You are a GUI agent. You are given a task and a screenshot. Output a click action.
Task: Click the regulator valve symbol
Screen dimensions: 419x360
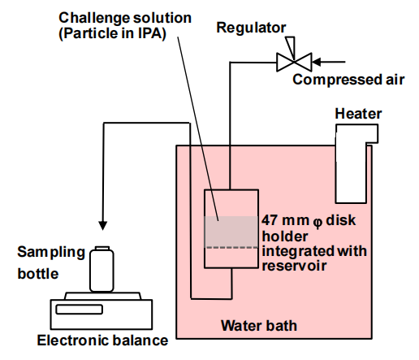pyautogui.click(x=294, y=62)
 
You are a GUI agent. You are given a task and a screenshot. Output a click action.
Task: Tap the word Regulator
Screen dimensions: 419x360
pyautogui.click(x=251, y=28)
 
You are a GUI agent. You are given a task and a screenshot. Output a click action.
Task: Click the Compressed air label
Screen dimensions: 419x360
pyautogui.click(x=348, y=80)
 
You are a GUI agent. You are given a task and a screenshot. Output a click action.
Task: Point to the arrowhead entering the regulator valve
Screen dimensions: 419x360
pyautogui.click(x=317, y=62)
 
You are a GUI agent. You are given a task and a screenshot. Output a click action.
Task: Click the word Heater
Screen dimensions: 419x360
pyautogui.click(x=358, y=114)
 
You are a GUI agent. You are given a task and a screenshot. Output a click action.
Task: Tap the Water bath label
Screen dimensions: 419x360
pyautogui.click(x=259, y=325)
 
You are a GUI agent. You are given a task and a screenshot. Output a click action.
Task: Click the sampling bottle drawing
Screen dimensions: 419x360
pyautogui.click(x=102, y=269)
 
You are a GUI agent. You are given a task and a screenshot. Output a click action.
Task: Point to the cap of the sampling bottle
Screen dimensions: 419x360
pyautogui.click(x=102, y=248)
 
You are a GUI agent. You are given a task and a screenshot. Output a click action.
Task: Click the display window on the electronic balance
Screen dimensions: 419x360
pyautogui.click(x=79, y=310)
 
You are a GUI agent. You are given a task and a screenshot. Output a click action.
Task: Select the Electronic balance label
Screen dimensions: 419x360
pyautogui.click(x=102, y=340)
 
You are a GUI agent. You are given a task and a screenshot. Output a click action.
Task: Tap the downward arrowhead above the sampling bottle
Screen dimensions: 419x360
pyautogui.click(x=102, y=226)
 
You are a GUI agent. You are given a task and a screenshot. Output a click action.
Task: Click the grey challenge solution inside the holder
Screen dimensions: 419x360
pyautogui.click(x=231, y=232)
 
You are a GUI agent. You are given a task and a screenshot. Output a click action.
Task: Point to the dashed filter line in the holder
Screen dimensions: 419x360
pyautogui.click(x=231, y=247)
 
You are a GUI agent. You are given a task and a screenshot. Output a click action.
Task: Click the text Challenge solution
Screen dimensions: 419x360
pyautogui.click(x=125, y=18)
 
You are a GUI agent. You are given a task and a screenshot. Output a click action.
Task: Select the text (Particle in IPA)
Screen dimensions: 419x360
pyautogui.click(x=112, y=33)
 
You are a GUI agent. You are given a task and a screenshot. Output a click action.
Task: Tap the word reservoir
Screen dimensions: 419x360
pyautogui.click(x=294, y=266)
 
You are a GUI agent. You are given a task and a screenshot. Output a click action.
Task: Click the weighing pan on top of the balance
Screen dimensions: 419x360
pyautogui.click(x=103, y=296)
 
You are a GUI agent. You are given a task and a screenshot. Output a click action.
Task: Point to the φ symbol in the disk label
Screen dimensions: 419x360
pyautogui.click(x=317, y=223)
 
